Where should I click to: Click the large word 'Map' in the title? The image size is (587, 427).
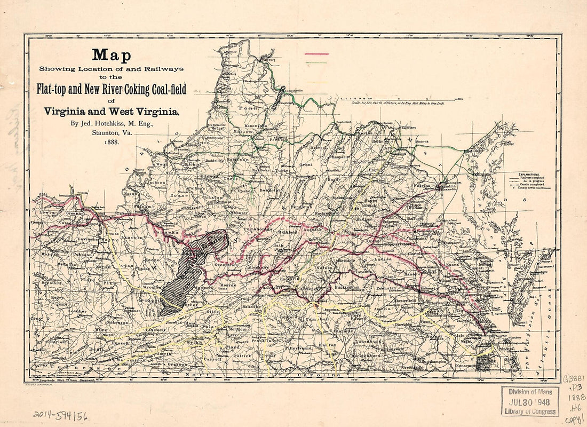(111, 56)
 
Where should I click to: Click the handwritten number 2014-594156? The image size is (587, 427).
(59, 415)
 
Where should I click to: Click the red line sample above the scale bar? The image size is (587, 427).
(316, 54)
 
